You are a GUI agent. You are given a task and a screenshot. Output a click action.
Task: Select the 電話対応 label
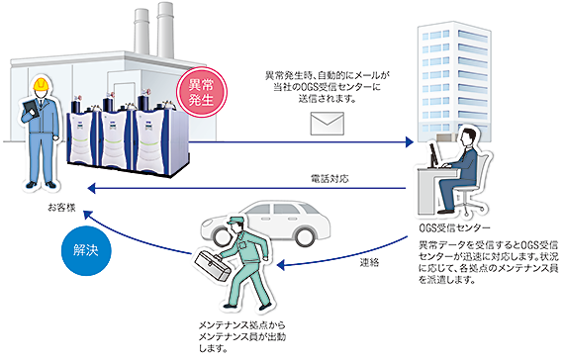tap(326, 178)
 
